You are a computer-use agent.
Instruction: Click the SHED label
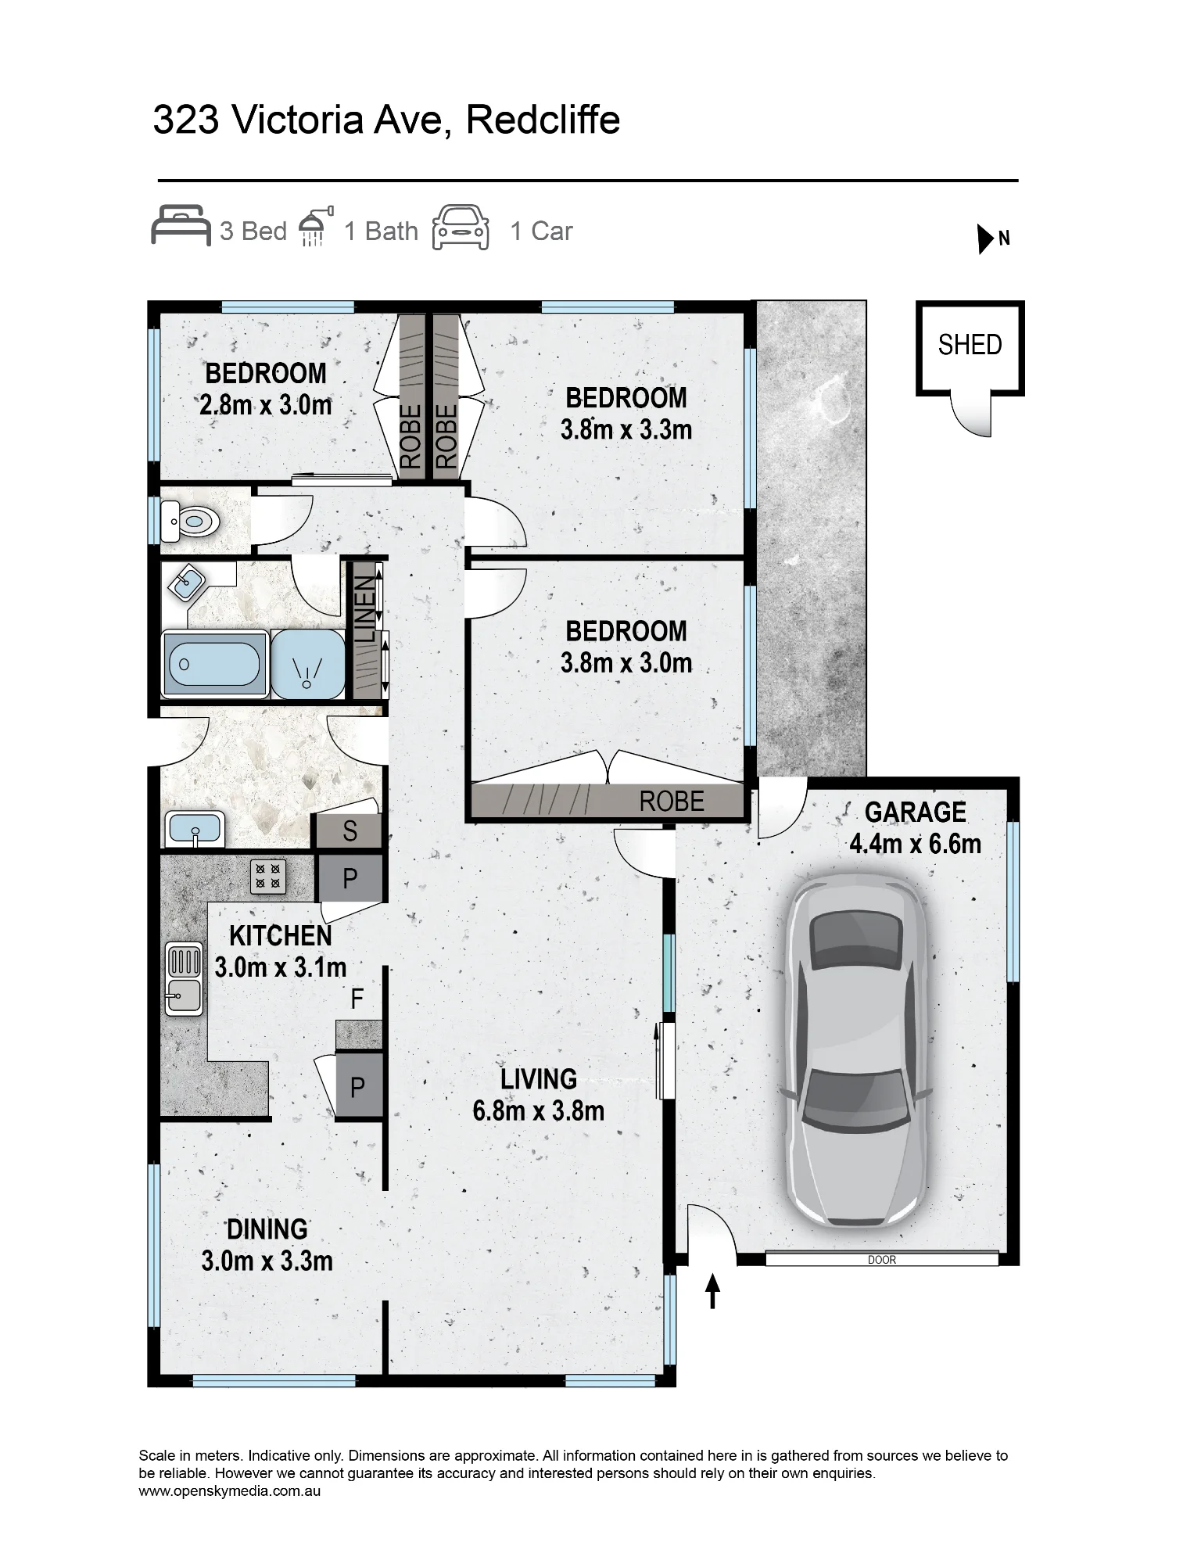click(x=970, y=345)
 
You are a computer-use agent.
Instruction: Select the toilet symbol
click(x=189, y=519)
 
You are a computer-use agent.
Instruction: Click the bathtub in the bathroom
click(x=213, y=664)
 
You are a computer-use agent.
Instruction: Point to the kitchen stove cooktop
click(x=268, y=877)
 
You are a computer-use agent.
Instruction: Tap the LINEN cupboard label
click(x=366, y=611)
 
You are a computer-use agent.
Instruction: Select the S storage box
click(x=349, y=831)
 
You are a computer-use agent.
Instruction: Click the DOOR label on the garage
click(x=881, y=1260)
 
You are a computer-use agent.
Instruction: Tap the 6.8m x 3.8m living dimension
click(x=538, y=1111)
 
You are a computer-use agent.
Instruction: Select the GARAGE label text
click(x=915, y=812)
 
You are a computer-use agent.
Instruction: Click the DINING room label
click(x=267, y=1229)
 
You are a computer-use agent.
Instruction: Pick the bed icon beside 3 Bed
click(x=181, y=225)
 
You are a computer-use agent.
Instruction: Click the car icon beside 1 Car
click(x=461, y=228)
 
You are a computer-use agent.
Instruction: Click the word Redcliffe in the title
click(x=542, y=120)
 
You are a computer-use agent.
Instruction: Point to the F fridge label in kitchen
click(x=357, y=999)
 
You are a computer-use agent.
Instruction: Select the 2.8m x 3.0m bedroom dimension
click(x=266, y=405)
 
